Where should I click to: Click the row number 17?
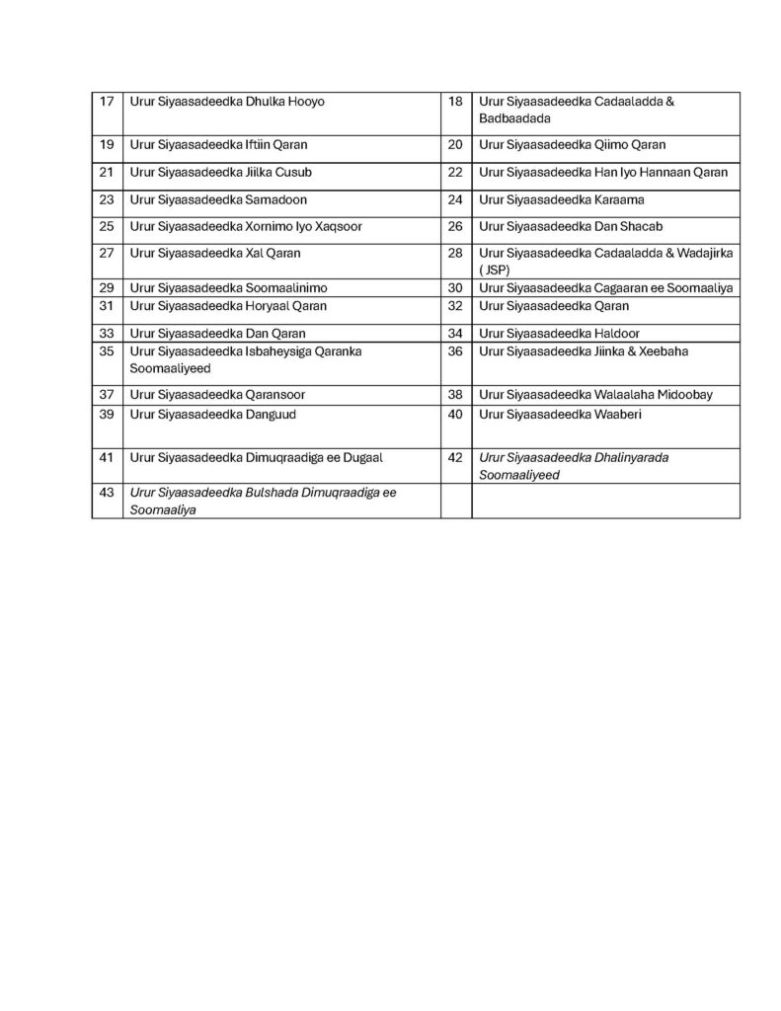108,102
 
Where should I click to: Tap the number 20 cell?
455,145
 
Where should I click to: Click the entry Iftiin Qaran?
276,145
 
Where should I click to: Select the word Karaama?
619,199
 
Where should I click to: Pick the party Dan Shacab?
628,226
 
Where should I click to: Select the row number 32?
455,306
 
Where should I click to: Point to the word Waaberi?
618,415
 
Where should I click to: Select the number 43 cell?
108,492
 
